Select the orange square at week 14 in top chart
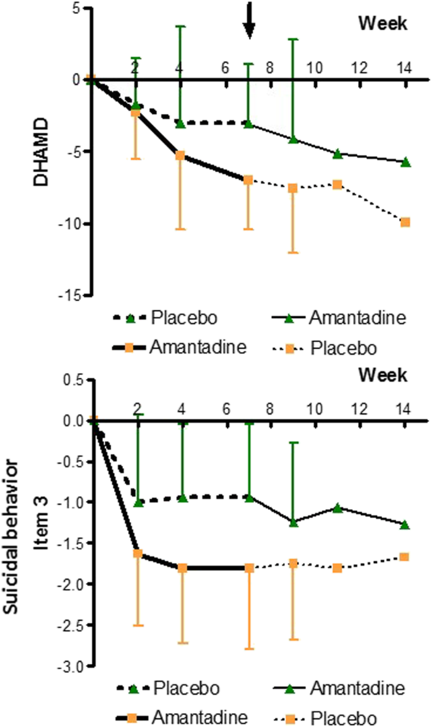[405, 222]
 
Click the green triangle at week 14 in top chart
[405, 162]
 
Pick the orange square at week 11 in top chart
[337, 185]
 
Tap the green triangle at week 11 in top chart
[337, 153]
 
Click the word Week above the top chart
[382, 25]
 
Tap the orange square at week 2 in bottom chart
[137, 554]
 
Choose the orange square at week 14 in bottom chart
[405, 557]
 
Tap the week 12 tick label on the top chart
[360, 67]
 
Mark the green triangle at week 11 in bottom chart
[337, 507]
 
